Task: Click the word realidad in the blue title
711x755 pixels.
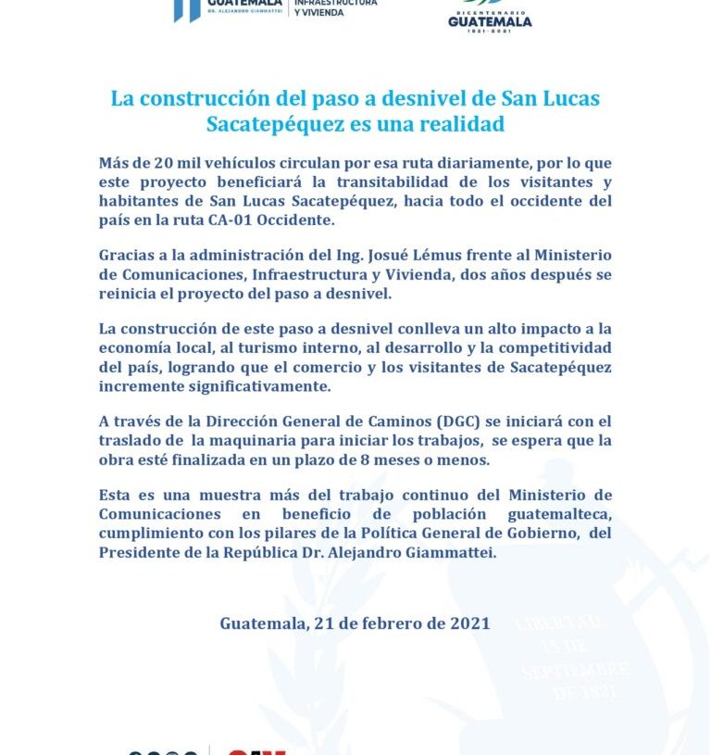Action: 455,123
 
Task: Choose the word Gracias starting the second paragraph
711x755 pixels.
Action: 128,256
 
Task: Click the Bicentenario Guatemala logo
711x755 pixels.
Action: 490,15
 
